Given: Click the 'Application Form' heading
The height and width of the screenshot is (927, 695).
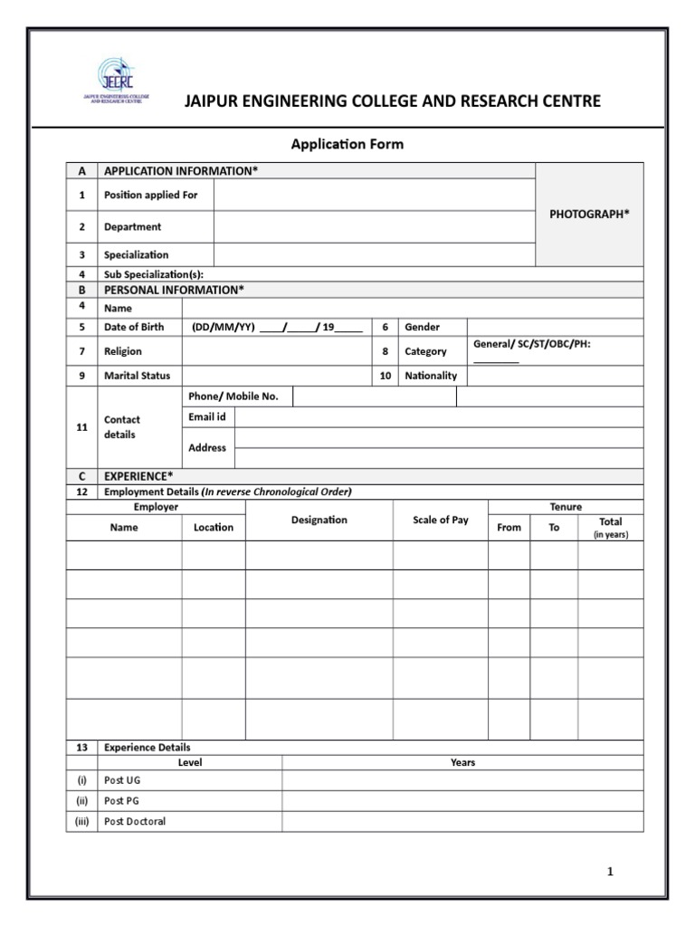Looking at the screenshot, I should [x=347, y=144].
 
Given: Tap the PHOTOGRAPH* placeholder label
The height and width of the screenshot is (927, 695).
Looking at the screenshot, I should [x=590, y=214].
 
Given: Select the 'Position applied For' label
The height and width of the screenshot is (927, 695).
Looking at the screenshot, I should [x=150, y=195].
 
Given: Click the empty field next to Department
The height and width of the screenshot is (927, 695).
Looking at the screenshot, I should [x=375, y=227].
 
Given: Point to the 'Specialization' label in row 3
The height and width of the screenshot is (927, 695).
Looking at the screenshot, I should [x=136, y=255].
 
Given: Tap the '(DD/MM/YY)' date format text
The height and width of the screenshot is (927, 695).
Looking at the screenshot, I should [x=223, y=327].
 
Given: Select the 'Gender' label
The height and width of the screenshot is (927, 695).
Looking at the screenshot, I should [x=422, y=327].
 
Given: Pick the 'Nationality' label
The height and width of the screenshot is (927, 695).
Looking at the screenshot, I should [x=431, y=376].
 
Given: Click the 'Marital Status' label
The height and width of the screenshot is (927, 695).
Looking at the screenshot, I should [x=137, y=376].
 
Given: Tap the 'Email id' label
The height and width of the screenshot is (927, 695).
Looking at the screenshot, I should [x=207, y=416].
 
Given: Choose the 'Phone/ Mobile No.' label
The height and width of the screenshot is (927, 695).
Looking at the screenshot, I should [x=233, y=397].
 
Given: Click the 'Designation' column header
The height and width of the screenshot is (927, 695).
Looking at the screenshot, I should [x=319, y=520].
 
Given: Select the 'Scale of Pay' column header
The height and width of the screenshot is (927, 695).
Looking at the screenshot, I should [x=440, y=520].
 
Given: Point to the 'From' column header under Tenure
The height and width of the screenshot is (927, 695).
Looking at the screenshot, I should [x=509, y=528].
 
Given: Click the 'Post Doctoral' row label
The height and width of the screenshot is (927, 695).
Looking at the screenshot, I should [x=135, y=822].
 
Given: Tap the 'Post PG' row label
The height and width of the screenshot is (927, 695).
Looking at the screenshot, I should [x=122, y=801].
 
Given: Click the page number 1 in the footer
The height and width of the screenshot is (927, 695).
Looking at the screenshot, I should [x=610, y=872].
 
